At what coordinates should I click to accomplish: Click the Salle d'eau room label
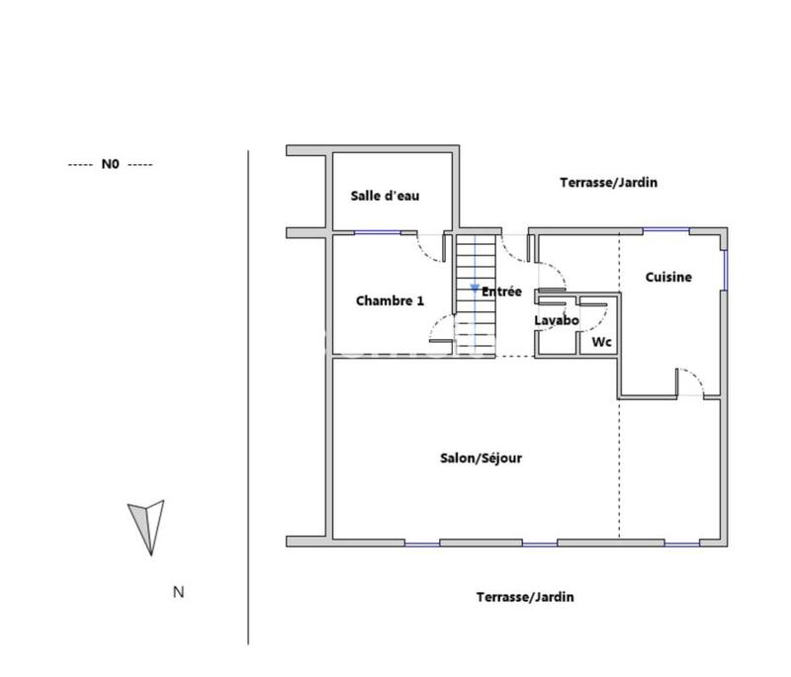point(386,196)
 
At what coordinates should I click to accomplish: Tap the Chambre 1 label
point(390,300)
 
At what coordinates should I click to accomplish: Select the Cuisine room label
point(668,278)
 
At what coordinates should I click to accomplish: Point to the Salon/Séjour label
point(482,459)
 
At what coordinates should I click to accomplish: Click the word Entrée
point(501,292)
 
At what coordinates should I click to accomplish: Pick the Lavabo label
point(557,321)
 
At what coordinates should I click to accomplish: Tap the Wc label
point(601,342)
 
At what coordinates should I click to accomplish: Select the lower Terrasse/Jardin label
point(524,597)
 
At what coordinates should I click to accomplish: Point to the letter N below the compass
point(179,593)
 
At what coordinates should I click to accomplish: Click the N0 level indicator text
point(110,165)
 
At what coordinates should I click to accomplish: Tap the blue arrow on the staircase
point(475,287)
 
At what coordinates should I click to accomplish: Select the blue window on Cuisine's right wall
point(725,268)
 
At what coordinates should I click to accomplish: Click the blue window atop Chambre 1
point(378,232)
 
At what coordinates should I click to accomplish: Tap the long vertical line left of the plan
point(248,395)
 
